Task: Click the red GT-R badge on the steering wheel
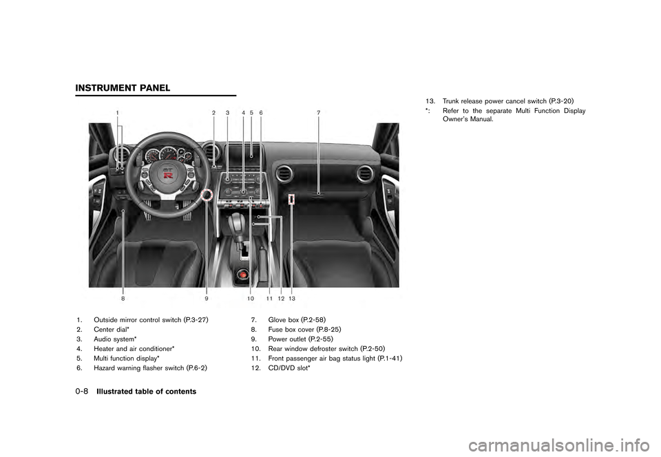pyautogui.click(x=168, y=173)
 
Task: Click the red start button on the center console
pyautogui.click(x=242, y=274)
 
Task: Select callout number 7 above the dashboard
pyautogui.click(x=318, y=112)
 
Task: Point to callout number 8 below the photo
pyautogui.click(x=123, y=299)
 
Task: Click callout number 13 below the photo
pyautogui.click(x=292, y=299)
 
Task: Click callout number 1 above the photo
pyautogui.click(x=118, y=112)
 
